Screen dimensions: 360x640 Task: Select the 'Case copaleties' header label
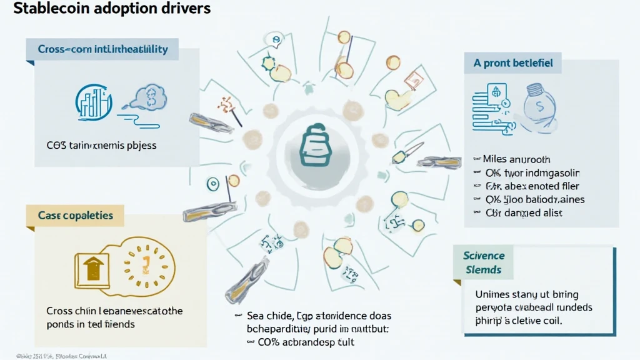(x=75, y=216)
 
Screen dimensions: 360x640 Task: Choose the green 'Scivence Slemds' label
(x=484, y=262)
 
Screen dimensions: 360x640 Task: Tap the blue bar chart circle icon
(x=93, y=101)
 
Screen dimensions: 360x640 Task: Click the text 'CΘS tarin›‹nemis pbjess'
(x=101, y=145)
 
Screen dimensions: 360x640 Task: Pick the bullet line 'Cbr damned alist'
(x=518, y=213)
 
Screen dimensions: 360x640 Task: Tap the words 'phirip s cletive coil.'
(x=519, y=321)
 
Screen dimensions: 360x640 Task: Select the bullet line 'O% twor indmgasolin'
(x=526, y=172)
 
